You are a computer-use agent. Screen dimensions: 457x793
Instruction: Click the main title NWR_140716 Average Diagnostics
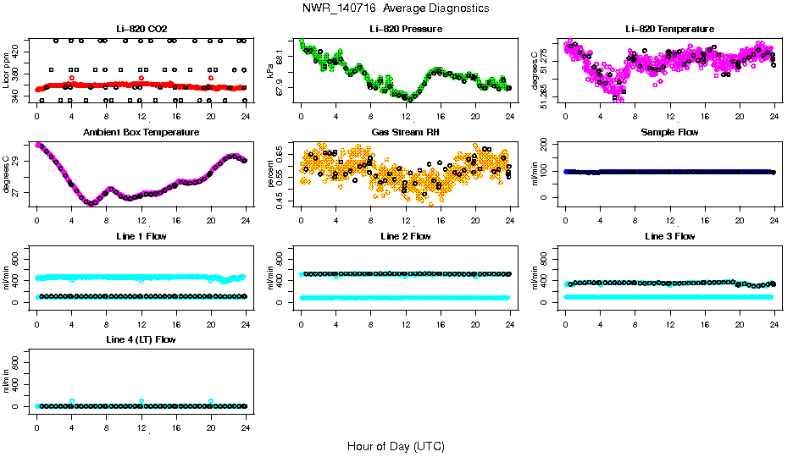(396, 8)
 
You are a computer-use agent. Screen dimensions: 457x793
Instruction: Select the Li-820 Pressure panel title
(405, 30)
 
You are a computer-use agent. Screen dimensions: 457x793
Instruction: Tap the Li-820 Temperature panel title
(669, 30)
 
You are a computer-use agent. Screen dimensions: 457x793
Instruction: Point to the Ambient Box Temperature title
(141, 133)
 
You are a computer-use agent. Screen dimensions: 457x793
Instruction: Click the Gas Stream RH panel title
(405, 133)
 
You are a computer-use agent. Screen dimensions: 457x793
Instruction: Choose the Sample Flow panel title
(669, 133)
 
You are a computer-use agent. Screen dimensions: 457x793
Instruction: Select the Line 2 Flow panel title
(405, 236)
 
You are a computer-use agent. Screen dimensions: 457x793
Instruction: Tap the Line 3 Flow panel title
(669, 236)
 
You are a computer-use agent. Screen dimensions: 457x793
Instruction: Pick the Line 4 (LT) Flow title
(141, 339)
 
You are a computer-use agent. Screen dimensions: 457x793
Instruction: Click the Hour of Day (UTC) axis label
(396, 446)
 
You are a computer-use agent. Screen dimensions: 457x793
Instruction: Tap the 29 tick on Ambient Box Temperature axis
(19, 158)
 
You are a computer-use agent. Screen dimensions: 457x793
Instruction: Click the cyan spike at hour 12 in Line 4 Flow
(141, 401)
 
